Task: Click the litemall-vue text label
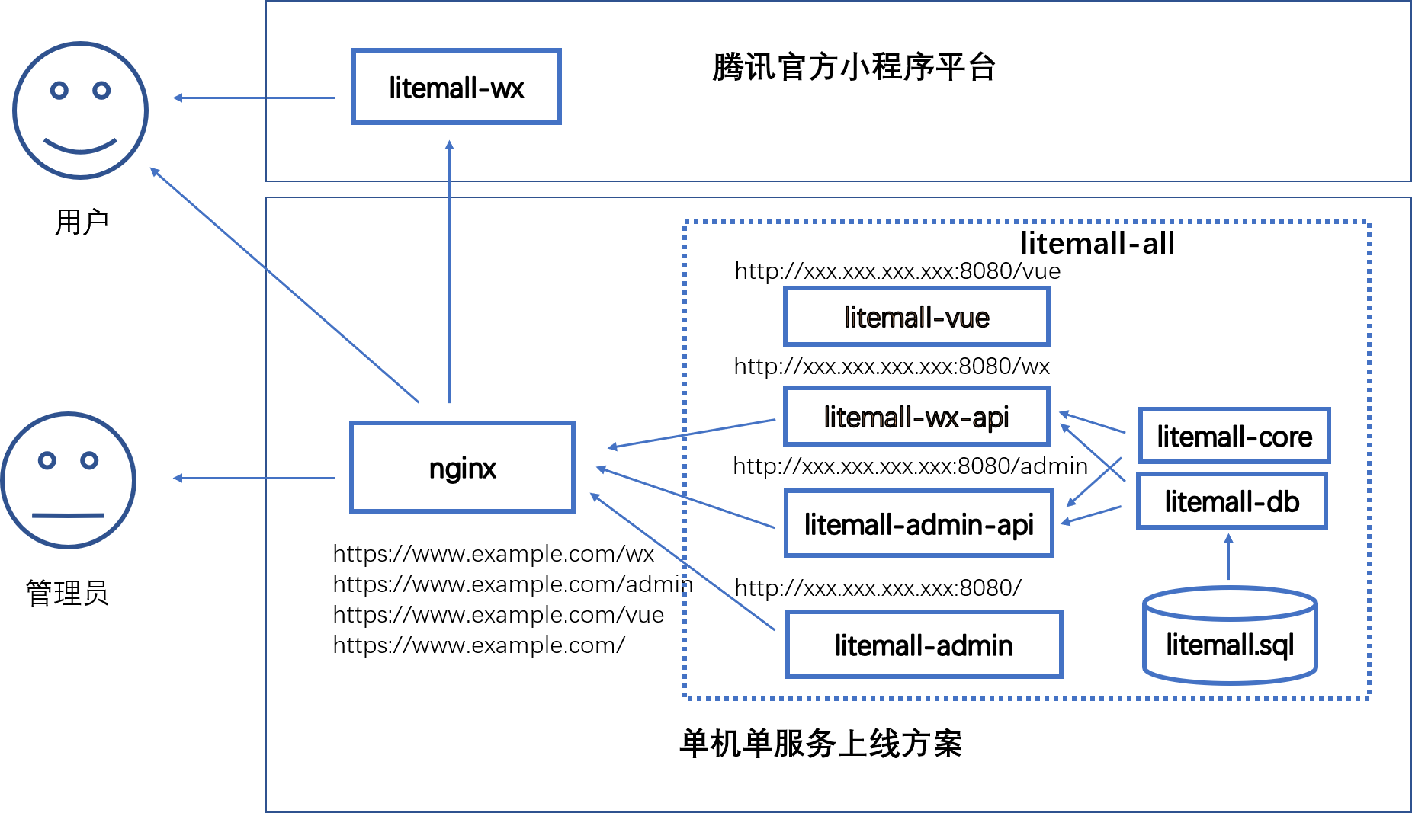[x=916, y=317]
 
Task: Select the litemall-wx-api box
[x=916, y=416]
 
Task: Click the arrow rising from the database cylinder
[x=1228, y=558]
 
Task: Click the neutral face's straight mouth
[x=68, y=516]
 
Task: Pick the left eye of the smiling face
[x=59, y=91]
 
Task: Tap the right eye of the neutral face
[x=90, y=461]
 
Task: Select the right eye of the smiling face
[x=101, y=91]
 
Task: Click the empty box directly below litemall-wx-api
[x=919, y=523]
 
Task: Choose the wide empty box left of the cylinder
[x=924, y=644]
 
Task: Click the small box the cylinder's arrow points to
[x=1231, y=501]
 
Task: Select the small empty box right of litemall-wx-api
[x=1234, y=435]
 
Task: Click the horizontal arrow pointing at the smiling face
[x=254, y=98]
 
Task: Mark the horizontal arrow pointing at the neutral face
[x=254, y=478]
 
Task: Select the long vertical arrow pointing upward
[x=449, y=270]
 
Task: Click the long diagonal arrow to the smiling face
[x=284, y=284]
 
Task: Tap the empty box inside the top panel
[x=457, y=86]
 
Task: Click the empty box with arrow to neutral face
[x=462, y=467]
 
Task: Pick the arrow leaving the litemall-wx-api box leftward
[x=691, y=433]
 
